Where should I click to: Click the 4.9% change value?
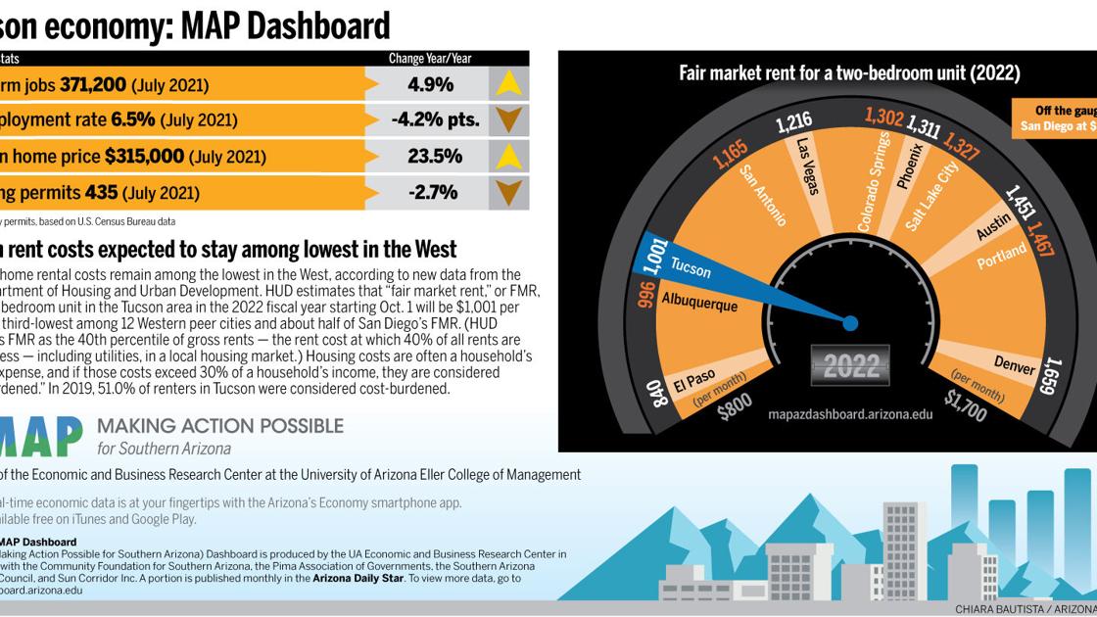pyautogui.click(x=430, y=85)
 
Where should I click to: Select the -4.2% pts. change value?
pyautogui.click(x=435, y=120)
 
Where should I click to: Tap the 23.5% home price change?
pyautogui.click(x=434, y=157)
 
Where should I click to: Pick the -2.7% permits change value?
pyautogui.click(x=433, y=192)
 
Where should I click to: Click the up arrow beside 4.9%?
pyautogui.click(x=508, y=84)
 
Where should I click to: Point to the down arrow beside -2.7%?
pyautogui.click(x=508, y=192)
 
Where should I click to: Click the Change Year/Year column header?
pyautogui.click(x=430, y=59)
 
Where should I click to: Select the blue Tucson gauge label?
pyautogui.click(x=691, y=270)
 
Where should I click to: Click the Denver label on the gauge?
pyautogui.click(x=1015, y=365)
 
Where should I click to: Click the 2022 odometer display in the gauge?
pyautogui.click(x=851, y=366)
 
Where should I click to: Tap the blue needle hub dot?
pyautogui.click(x=850, y=322)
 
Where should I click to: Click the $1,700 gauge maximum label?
pyautogui.click(x=965, y=405)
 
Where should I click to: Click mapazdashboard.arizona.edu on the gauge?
pyautogui.click(x=850, y=414)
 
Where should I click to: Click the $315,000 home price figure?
pyautogui.click(x=144, y=157)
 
